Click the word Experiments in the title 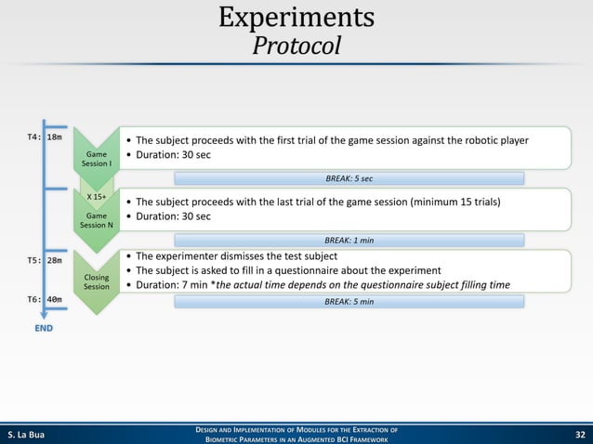296,18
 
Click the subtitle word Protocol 296,46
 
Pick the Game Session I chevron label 97,159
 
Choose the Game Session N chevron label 97,220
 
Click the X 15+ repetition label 97,197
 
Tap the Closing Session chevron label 97,282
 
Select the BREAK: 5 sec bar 349,178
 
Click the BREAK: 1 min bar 349,240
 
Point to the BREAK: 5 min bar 349,302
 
